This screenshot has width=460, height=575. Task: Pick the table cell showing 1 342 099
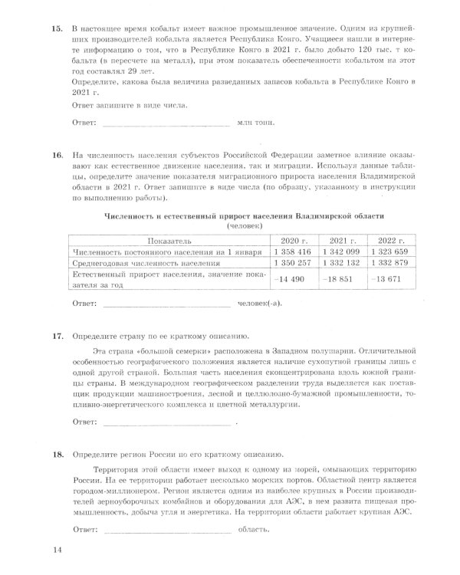click(x=343, y=251)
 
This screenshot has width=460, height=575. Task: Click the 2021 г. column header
click(x=343, y=239)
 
